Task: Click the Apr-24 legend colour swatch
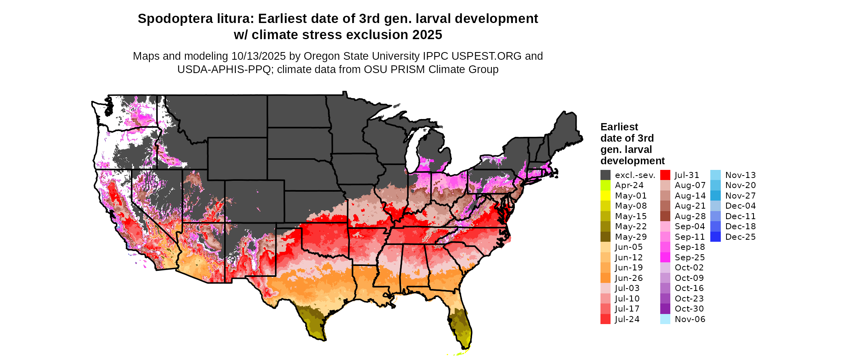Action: [605, 185]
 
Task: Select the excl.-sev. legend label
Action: [635, 175]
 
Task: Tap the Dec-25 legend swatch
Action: [715, 237]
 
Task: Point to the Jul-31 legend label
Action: [687, 175]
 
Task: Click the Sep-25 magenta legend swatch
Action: [665, 257]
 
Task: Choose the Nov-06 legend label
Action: [690, 319]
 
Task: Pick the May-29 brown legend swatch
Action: [605, 237]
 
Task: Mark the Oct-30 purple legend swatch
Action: [665, 309]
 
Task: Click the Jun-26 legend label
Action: [629, 278]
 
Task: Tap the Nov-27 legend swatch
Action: [715, 196]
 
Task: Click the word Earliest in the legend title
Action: [619, 127]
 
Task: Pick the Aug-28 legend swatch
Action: [665, 216]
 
